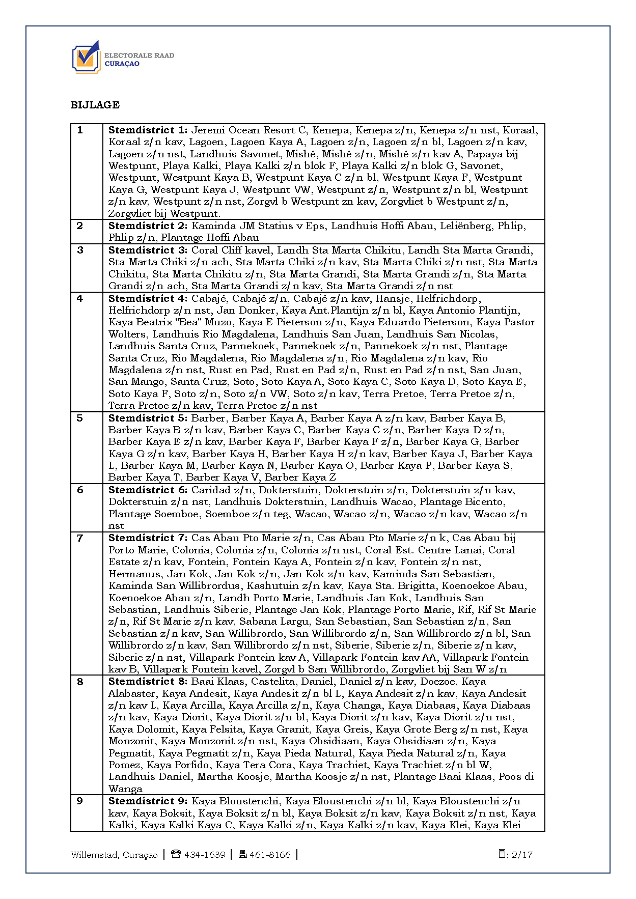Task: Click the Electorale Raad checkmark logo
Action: (86, 58)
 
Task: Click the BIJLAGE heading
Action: (95, 105)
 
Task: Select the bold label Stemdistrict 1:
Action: (148, 130)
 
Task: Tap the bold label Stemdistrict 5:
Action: (148, 418)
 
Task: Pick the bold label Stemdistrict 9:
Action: (148, 801)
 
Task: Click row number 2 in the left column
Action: (80, 226)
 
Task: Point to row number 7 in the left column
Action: (80, 538)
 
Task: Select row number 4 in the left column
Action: (80, 299)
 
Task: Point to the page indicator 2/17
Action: (521, 855)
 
